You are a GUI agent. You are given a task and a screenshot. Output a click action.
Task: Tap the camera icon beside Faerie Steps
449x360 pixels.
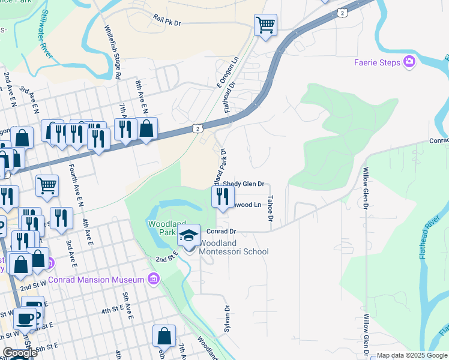[x=409, y=61]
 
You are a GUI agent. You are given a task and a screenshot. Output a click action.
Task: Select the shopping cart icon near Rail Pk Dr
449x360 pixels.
[x=265, y=25]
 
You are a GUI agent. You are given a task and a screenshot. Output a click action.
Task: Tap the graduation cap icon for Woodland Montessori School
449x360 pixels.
[x=189, y=236]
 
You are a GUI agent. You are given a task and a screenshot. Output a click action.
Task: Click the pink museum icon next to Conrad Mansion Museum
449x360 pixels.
[x=154, y=279]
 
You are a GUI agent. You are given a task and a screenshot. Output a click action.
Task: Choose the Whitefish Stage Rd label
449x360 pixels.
[x=112, y=52]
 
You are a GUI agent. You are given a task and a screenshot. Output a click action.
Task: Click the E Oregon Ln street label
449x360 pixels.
[x=221, y=71]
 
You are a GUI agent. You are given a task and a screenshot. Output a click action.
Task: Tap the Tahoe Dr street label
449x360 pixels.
[x=271, y=208]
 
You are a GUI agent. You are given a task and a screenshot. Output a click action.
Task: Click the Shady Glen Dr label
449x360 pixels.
[x=244, y=184]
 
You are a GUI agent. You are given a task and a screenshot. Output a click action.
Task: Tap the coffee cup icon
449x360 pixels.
[x=25, y=319]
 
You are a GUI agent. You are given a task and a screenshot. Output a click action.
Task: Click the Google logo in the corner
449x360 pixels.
[x=20, y=353]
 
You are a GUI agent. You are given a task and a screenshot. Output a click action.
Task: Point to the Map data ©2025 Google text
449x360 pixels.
[x=411, y=355]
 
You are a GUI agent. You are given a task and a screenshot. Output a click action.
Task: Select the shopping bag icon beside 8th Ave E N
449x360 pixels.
[x=146, y=128]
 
